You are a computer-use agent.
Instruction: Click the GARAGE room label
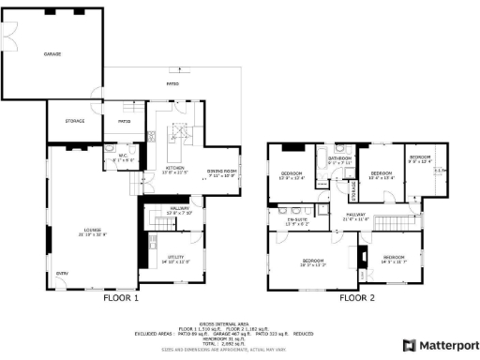tap(52, 54)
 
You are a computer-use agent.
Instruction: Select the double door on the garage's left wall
tap(10, 37)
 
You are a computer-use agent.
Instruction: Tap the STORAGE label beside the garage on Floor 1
tap(75, 121)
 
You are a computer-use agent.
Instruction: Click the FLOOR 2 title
tap(356, 298)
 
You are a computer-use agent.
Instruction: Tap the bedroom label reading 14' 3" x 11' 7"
tap(394, 259)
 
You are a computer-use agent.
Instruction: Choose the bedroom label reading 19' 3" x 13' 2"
tap(311, 262)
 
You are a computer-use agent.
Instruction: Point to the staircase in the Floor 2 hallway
tap(352, 190)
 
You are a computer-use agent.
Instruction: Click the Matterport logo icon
tap(408, 345)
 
